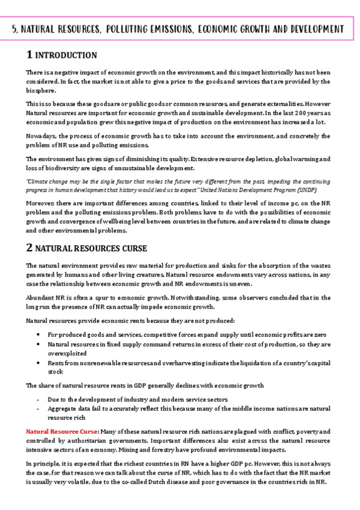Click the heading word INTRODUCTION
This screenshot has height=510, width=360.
(66, 55)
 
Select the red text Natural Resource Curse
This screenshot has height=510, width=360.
(62, 431)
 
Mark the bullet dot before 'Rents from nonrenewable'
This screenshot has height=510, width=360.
(38, 364)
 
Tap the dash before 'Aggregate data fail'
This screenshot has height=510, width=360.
(38, 408)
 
